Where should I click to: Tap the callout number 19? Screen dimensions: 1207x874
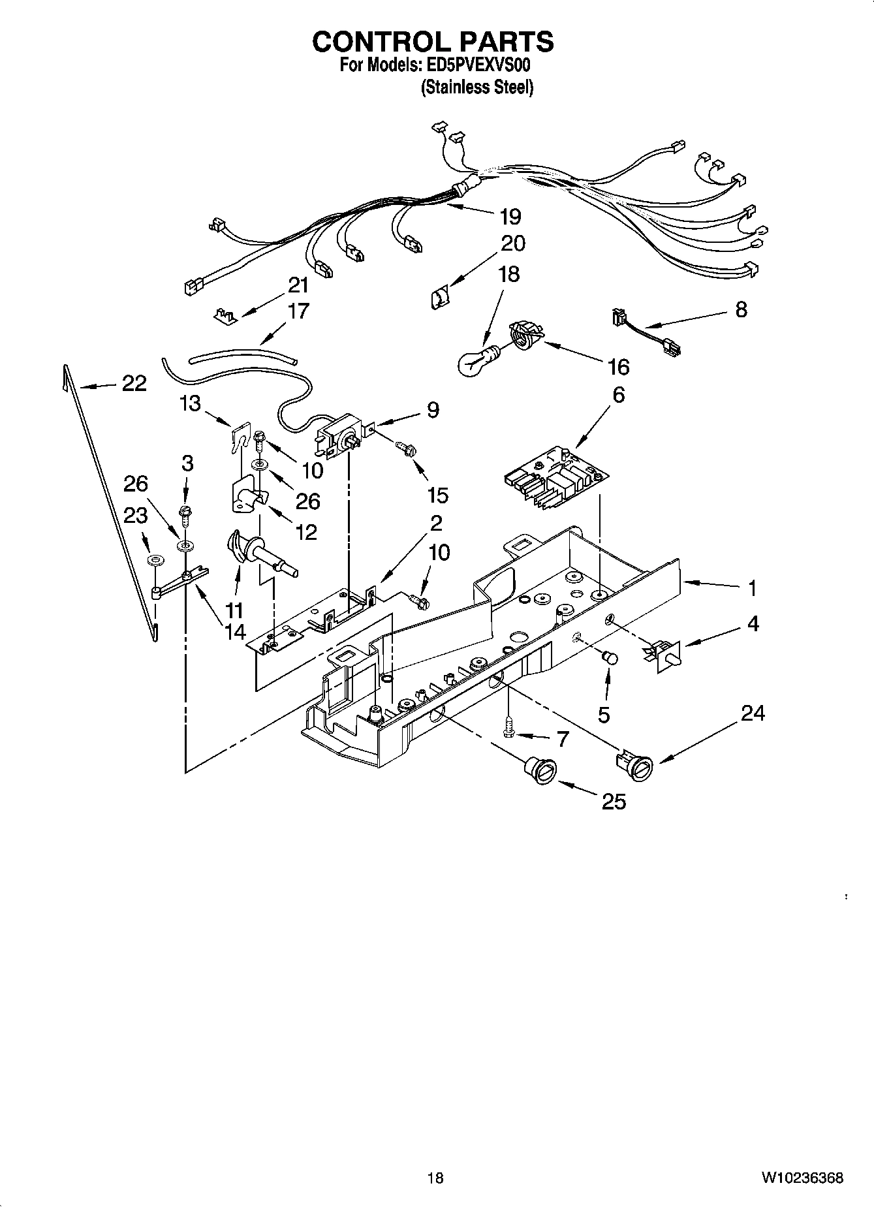coord(510,216)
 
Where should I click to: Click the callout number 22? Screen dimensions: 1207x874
coord(134,383)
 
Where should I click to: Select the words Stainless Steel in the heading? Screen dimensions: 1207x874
coord(477,87)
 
